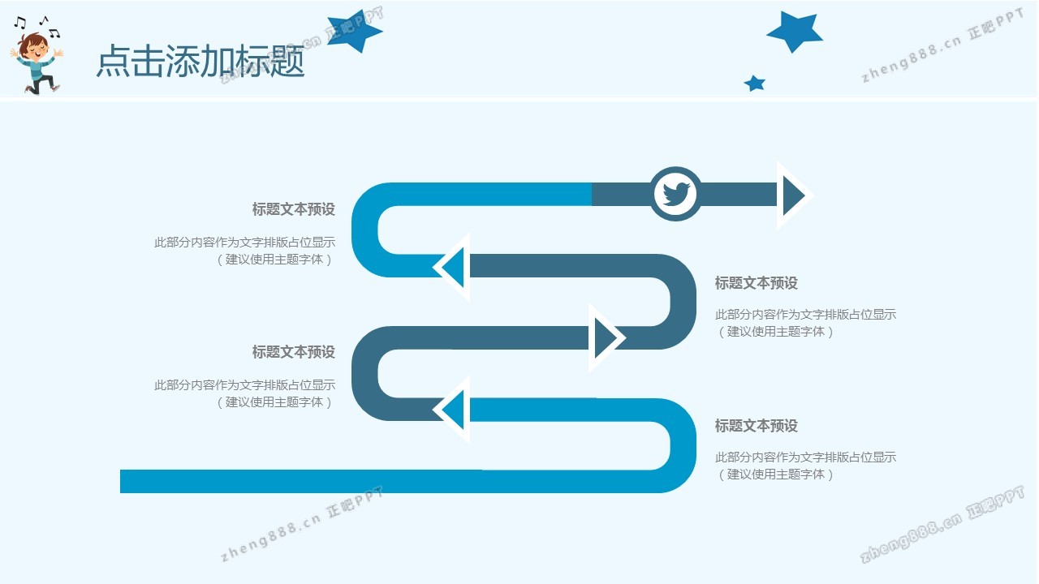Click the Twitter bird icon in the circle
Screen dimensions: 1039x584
pos(676,194)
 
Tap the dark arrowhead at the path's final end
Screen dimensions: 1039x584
pos(791,195)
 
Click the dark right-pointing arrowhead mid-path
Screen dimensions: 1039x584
pos(604,338)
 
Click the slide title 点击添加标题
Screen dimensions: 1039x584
pos(200,61)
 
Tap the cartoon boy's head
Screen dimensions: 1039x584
pos(33,46)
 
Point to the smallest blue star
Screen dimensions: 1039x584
pos(755,84)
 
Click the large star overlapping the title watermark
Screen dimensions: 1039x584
pos(355,31)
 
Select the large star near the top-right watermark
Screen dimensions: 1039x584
pos(795,31)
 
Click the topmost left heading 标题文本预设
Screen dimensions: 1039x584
pos(294,209)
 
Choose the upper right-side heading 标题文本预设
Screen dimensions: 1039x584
pos(756,283)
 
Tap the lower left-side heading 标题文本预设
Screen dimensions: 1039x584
pos(294,352)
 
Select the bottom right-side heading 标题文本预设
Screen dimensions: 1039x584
pos(756,426)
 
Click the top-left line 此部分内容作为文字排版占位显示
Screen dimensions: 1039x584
pos(245,242)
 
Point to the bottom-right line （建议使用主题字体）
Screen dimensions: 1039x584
pos(775,474)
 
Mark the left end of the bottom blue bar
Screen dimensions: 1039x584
pos(121,481)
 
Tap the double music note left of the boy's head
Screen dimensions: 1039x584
pos(19,22)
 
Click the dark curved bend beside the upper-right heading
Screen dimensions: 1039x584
pos(683,301)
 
